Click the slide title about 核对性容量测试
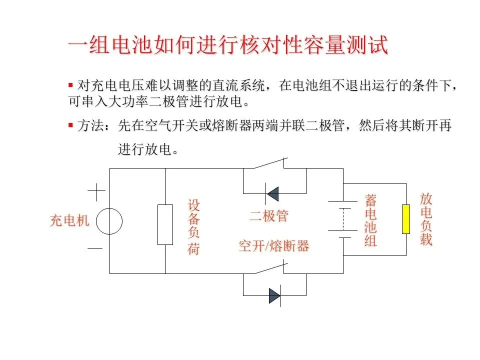point(228,46)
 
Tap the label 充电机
point(69,221)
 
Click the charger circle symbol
point(109,221)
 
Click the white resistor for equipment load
point(165,224)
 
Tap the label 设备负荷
point(194,227)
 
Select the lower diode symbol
point(274,295)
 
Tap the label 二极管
point(269,216)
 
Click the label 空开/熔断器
point(273,246)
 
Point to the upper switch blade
point(270,163)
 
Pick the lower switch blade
point(270,269)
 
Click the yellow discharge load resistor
point(406,219)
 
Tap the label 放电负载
point(426,219)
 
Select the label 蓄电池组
point(370,221)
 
